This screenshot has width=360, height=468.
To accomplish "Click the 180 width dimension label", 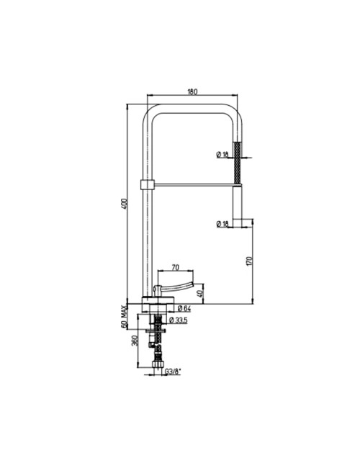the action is tap(192, 91).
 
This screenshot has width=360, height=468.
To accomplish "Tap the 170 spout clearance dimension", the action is tap(250, 261).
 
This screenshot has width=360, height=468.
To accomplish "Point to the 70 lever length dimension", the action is tap(176, 267).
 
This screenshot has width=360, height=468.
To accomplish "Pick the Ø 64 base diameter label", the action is tap(184, 309).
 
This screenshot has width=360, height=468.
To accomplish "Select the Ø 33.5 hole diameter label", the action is tap(178, 320).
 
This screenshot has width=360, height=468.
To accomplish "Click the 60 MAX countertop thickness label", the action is tap(124, 317).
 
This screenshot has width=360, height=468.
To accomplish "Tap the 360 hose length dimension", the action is tap(134, 341).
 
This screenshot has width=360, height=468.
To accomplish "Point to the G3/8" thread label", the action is tap(173, 372).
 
